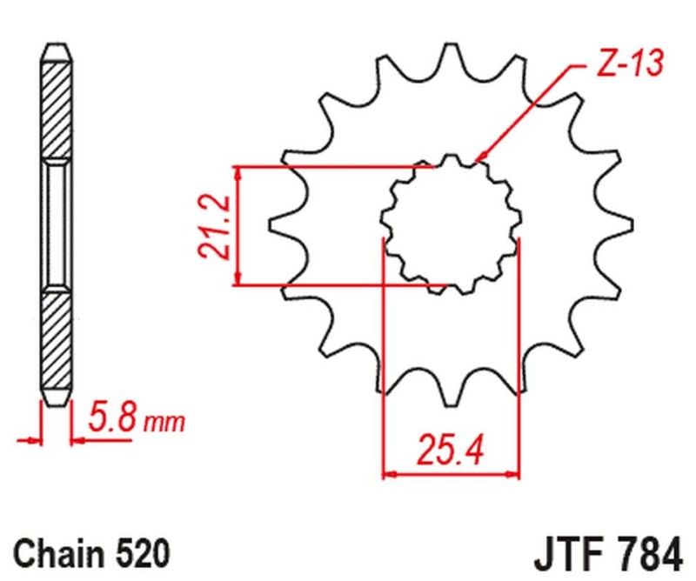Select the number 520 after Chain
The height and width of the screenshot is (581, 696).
tap(139, 553)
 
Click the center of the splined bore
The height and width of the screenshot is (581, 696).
tap(451, 224)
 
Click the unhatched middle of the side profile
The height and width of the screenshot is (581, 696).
tap(55, 224)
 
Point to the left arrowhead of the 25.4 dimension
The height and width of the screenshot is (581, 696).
tap(388, 474)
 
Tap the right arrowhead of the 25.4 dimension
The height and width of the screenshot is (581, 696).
tap(515, 474)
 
